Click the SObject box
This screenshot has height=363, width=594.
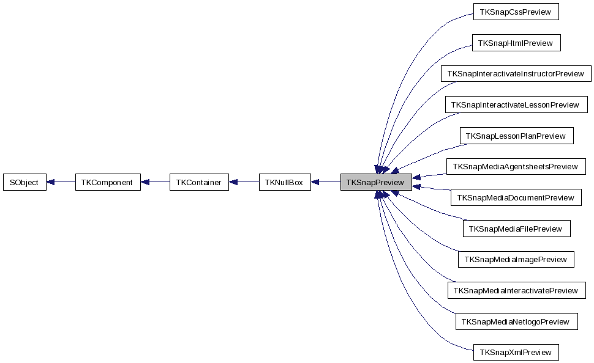24,182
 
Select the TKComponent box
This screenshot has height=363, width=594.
107,182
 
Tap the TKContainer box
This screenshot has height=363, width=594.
199,182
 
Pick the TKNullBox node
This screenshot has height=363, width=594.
284,182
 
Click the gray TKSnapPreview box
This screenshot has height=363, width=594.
375,182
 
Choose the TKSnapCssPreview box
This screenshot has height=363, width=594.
516,12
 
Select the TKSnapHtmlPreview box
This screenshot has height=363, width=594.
516,43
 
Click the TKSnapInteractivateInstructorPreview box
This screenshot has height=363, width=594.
516,74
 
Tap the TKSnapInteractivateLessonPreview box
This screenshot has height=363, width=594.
516,105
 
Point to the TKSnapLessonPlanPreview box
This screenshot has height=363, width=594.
516,136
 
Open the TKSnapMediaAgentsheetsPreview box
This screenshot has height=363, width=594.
516,166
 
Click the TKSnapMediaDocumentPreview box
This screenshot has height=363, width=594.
516,197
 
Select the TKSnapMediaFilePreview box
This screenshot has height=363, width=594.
516,229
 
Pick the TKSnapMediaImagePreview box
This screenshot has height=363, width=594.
516,259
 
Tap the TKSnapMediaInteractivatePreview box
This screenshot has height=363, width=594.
516,290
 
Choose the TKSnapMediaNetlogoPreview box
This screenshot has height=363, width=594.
516,321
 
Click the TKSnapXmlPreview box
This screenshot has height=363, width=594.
516,352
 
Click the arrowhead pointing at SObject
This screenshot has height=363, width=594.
51,182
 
